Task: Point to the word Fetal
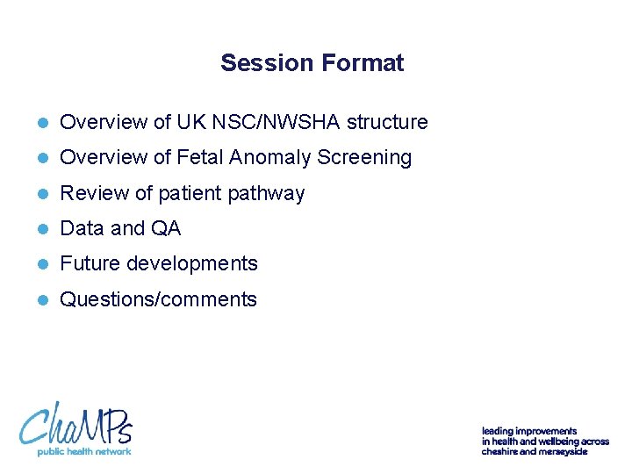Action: (200, 157)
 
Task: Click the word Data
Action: (82, 228)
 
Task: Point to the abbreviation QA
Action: (166, 228)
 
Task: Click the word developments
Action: (192, 263)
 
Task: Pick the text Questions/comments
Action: (158, 299)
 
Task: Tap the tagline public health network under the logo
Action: (83, 451)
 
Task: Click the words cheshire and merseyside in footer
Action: (534, 451)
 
